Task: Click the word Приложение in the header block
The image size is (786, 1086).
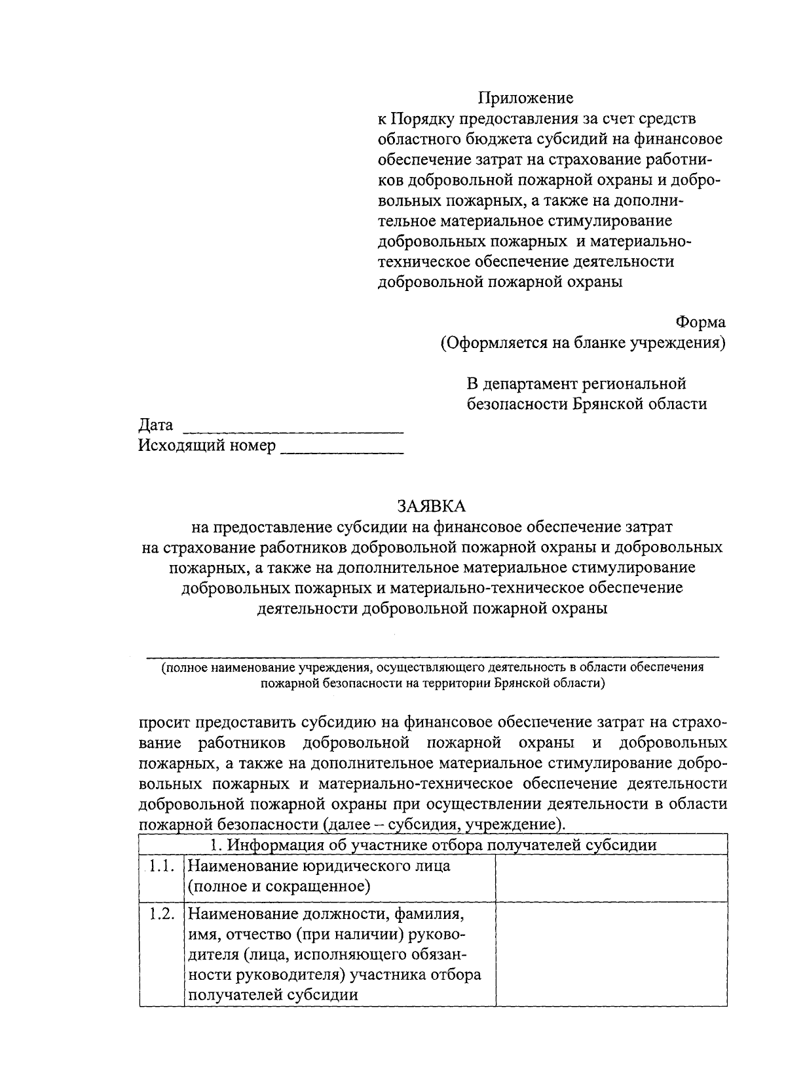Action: tap(525, 98)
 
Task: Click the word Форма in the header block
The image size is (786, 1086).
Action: tap(700, 322)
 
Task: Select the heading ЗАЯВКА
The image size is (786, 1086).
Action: tap(430, 506)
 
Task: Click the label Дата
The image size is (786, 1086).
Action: tap(156, 425)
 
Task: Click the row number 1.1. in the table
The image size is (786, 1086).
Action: tap(161, 866)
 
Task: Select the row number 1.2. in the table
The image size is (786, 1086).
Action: tap(161, 914)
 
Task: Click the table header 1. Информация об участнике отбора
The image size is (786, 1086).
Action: tap(432, 845)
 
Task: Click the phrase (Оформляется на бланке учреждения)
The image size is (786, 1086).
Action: tap(583, 343)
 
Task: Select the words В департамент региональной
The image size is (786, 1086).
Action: tap(576, 383)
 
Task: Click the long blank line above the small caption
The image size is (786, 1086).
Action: tap(432, 655)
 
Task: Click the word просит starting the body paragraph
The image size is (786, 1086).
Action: tap(164, 723)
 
